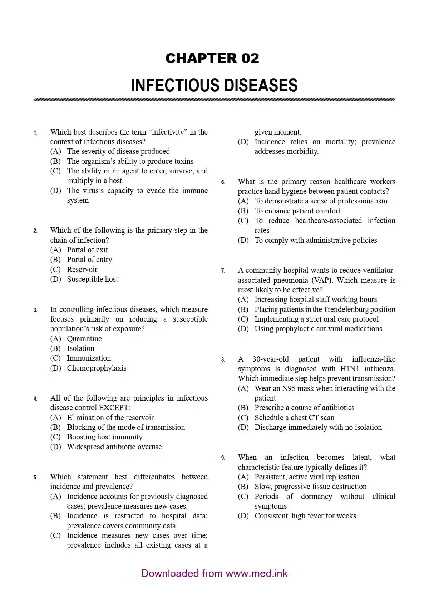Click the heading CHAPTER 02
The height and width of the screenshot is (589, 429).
(x=212, y=58)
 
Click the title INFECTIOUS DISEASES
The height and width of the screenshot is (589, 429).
(x=214, y=85)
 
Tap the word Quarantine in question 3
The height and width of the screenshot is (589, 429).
(x=84, y=339)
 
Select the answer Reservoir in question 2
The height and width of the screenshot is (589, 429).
(x=82, y=270)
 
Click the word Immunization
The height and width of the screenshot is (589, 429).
(x=89, y=358)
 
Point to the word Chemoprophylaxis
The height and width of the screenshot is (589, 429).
(x=97, y=368)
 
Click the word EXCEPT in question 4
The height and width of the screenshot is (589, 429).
(x=113, y=408)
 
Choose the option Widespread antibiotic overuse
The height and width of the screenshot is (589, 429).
(x=114, y=447)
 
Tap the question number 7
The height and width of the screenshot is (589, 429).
(x=223, y=271)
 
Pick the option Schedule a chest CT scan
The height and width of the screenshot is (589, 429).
(x=294, y=418)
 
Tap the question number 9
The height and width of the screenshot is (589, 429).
(x=223, y=458)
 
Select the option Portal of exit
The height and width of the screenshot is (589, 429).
(x=87, y=250)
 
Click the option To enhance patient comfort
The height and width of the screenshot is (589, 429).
(x=297, y=211)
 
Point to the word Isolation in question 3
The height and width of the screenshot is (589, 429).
(x=80, y=348)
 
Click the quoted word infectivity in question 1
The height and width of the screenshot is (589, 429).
(x=168, y=132)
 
